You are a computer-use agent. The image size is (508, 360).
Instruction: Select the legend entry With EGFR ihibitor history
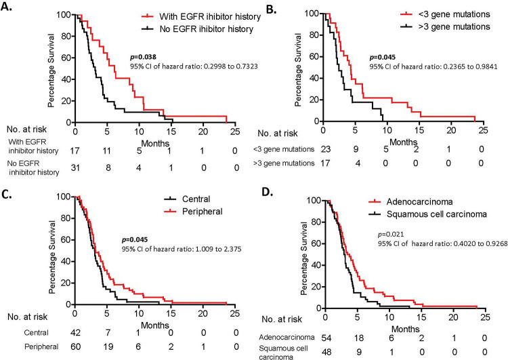point(199,16)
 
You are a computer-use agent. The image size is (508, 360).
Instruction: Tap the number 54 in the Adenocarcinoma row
point(327,336)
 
